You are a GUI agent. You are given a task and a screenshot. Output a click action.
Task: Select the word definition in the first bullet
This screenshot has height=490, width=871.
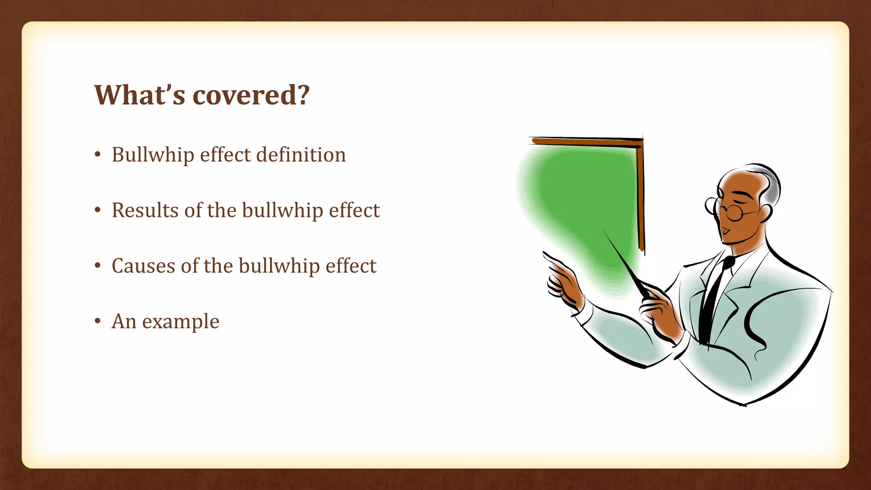301,154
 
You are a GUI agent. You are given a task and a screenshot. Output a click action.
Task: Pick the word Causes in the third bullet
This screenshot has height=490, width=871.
143,266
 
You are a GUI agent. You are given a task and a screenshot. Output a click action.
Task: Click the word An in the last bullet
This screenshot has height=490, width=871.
124,321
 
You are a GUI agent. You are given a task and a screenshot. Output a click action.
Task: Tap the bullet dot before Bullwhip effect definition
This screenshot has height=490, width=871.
98,155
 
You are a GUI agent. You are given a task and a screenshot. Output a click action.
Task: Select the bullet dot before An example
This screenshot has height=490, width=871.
98,321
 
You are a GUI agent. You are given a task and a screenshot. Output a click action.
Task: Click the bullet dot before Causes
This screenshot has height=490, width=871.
98,266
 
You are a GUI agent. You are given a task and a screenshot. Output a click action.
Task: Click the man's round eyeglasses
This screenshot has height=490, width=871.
733,211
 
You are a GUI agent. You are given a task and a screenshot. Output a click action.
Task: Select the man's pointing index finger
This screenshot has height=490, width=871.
553,259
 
